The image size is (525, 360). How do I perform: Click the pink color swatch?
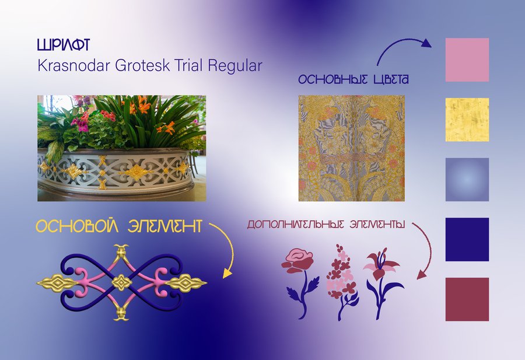467,60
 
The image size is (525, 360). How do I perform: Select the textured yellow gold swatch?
467,120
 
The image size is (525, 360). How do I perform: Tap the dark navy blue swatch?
467,239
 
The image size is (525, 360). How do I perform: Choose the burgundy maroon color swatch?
467,299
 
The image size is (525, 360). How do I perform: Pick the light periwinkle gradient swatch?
467,180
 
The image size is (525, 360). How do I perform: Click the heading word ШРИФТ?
63,45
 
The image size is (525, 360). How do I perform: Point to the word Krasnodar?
73,65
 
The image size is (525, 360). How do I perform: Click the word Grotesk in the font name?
143,65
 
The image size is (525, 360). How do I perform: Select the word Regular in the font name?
235,66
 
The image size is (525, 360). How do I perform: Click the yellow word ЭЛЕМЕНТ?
164,226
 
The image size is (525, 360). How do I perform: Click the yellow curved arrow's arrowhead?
228,273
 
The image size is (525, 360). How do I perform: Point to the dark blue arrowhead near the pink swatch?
426,43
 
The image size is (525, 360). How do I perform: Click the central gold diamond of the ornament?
121,282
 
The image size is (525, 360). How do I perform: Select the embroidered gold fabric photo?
352,148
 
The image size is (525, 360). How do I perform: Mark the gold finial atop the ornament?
121,251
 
